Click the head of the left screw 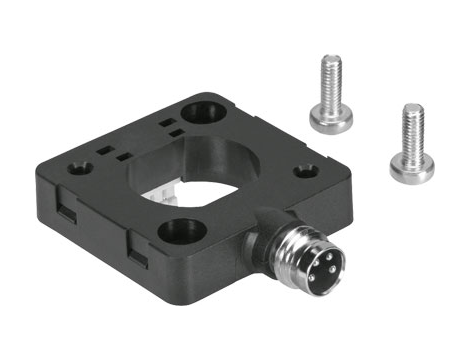(x=331, y=119)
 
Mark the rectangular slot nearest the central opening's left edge (x=123, y=157)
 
